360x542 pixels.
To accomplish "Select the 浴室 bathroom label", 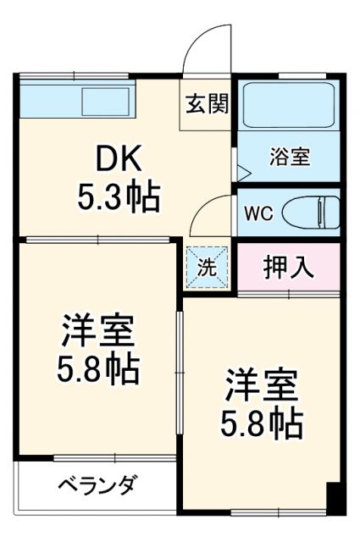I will tap(290, 157).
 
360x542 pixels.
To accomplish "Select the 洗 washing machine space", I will tap(208, 266).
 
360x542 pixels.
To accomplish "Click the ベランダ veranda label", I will tap(97, 485).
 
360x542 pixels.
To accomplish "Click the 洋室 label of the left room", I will tap(98, 329).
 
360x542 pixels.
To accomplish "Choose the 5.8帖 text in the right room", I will tap(262, 423).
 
